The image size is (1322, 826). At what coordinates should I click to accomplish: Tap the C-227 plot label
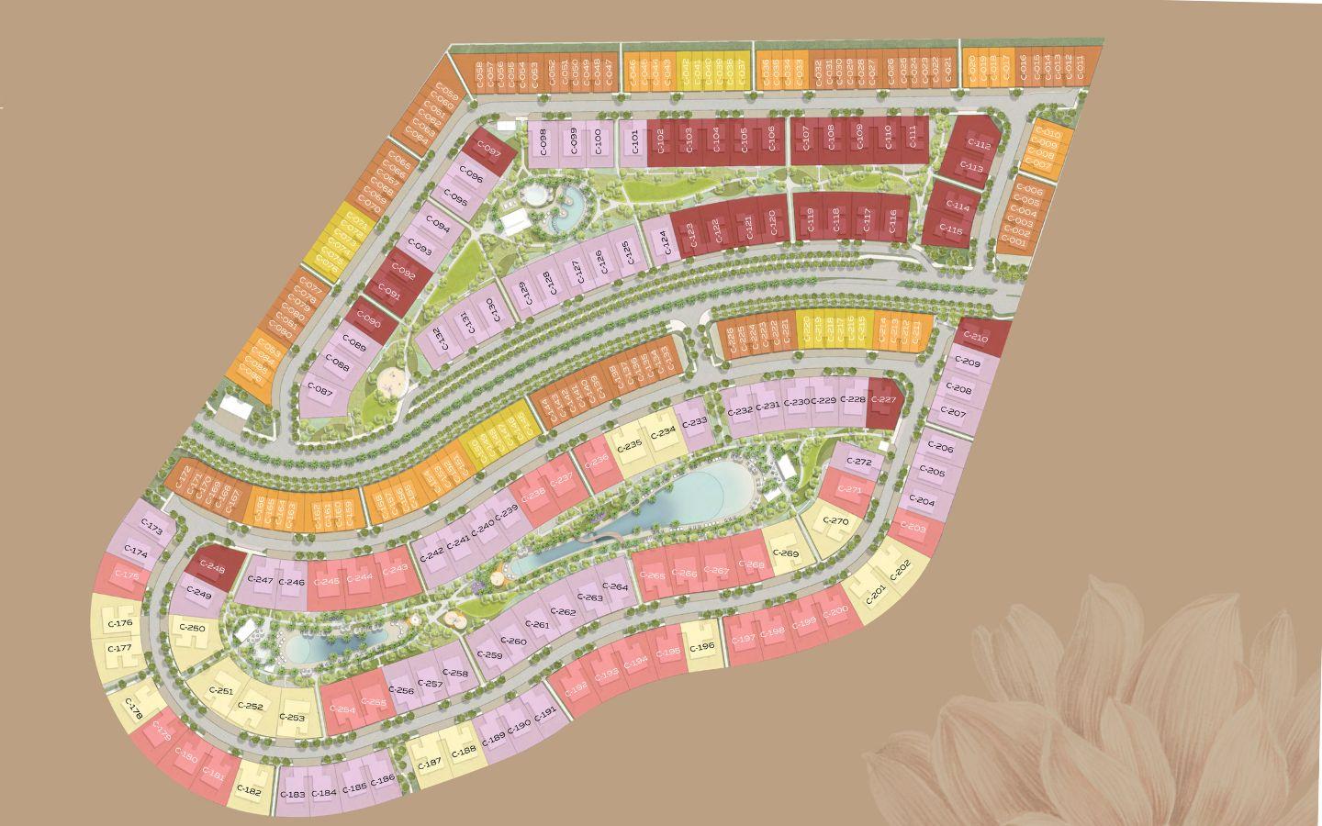883,400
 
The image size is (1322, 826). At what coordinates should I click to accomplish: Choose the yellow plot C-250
193,628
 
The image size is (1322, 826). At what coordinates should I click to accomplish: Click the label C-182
249,790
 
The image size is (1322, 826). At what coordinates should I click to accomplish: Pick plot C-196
701,647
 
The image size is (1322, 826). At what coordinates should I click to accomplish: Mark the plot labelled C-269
786,553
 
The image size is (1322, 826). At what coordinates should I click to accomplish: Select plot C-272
861,462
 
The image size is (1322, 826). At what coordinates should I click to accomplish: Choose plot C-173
153,530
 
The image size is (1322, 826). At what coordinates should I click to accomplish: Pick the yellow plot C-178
135,711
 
